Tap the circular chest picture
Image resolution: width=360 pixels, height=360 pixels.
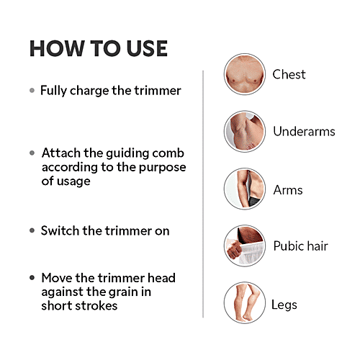tap(243, 73)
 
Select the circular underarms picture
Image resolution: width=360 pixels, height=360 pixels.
tap(243, 131)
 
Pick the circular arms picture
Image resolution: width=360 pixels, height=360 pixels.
tap(243, 189)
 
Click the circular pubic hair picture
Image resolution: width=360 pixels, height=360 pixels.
tap(243, 246)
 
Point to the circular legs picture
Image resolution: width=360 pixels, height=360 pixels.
tap(243, 302)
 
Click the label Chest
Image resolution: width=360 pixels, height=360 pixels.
tap(289, 74)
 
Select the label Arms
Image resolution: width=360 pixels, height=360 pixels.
tap(287, 190)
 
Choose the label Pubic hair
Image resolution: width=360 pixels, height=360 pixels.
tap(300, 246)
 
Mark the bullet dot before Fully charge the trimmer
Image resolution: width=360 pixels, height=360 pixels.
tap(32, 91)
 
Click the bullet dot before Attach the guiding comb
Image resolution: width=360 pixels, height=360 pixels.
tap(32, 153)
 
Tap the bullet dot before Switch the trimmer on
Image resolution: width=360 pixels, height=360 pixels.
tap(32, 231)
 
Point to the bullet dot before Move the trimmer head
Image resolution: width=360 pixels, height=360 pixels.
tap(32, 277)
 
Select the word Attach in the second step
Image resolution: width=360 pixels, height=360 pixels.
tap(59, 153)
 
